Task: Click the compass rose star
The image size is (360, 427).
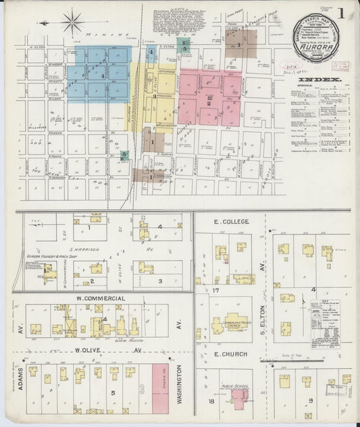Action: tap(72, 22)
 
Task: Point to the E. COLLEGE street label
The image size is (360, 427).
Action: tap(232, 222)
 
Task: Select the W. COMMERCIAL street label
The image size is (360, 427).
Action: tap(101, 298)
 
